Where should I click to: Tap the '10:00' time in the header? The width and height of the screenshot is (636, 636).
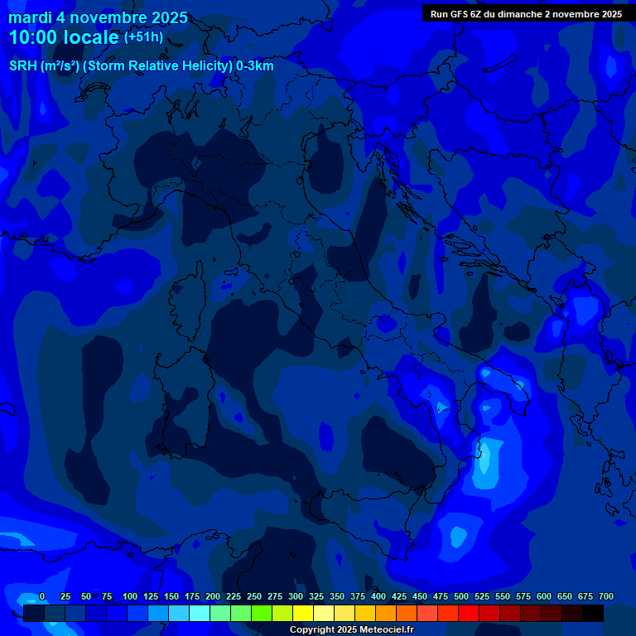pos(32,37)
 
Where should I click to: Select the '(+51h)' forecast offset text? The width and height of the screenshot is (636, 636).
pos(143,37)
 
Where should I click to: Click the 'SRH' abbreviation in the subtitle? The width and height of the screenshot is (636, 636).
pos(22,66)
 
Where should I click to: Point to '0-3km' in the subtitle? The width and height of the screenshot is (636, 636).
pos(254,66)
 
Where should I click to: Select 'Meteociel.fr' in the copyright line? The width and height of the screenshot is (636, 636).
pos(385,630)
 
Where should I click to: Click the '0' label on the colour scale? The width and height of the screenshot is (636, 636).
pos(42,596)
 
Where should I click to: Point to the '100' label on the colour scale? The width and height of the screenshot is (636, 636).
pos(130,596)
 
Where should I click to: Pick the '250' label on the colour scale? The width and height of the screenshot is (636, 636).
pos(254,596)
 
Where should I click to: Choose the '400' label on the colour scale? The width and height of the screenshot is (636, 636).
pos(378,596)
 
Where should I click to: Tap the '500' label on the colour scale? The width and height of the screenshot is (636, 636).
pos(461,596)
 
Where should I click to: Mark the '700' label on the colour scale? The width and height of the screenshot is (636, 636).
pos(606,596)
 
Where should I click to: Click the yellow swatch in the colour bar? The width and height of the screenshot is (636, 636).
pos(303,614)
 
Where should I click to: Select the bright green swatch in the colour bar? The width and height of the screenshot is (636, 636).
pos(262,614)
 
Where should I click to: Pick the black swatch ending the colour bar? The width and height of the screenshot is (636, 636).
pos(593,614)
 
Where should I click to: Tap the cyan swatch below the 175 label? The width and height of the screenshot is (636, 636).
pos(200,614)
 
